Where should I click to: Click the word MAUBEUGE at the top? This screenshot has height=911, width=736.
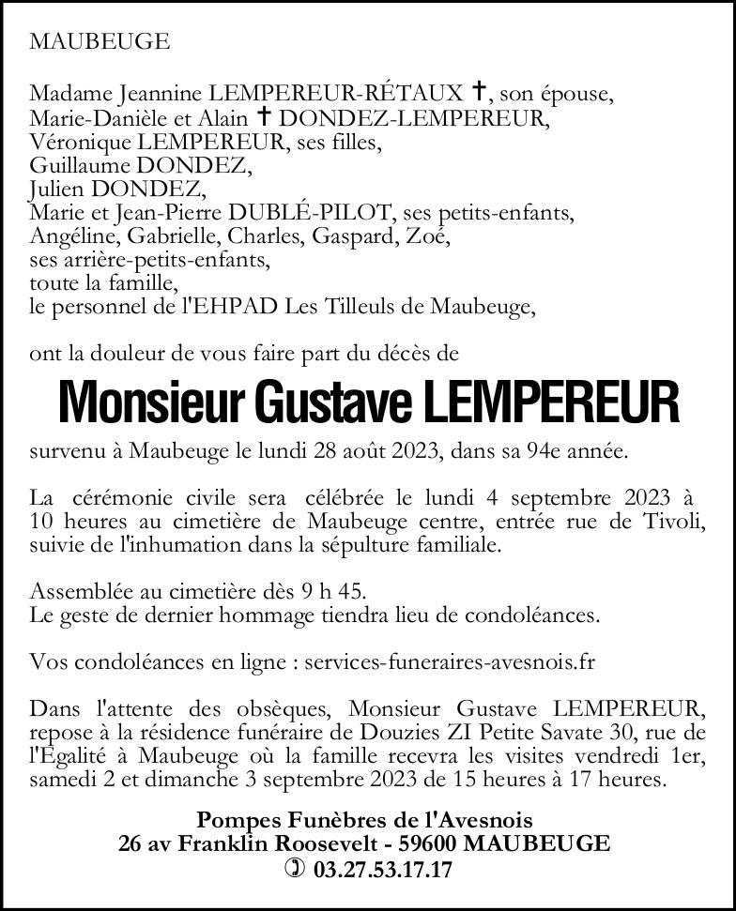tap(100, 41)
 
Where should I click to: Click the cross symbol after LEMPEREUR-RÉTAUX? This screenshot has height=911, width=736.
tap(479, 92)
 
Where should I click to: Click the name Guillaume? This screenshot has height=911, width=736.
tap(80, 167)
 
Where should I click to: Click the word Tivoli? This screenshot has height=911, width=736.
tap(672, 521)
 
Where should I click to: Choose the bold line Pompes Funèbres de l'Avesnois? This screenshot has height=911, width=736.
tap(364, 821)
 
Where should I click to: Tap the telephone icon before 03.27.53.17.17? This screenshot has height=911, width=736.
tap(295, 870)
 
